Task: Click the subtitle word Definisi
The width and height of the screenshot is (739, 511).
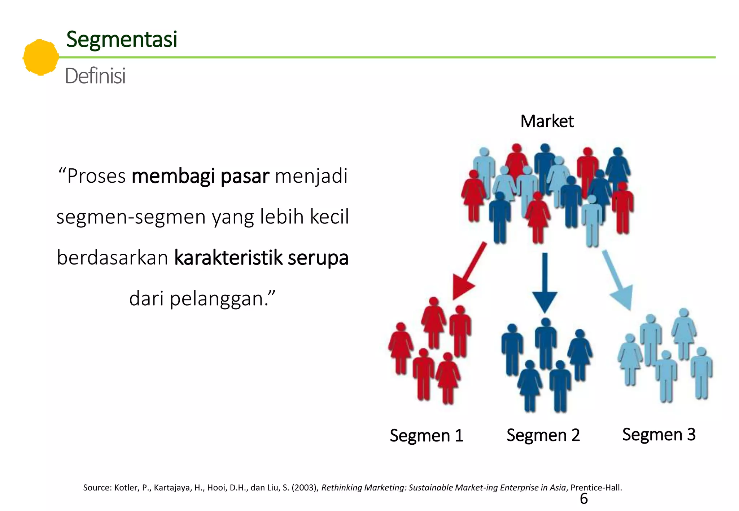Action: [x=95, y=76]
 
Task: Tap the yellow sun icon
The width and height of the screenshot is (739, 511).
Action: [x=40, y=57]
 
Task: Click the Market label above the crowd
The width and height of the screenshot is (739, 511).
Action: [x=547, y=121]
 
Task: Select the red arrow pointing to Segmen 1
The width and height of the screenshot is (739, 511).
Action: [x=469, y=272]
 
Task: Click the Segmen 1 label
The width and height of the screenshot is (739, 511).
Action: [x=426, y=435]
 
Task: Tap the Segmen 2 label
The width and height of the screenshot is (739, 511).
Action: [x=543, y=435]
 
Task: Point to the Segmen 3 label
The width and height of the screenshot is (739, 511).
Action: [x=659, y=434]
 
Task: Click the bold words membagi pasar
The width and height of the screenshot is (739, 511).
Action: [x=200, y=176]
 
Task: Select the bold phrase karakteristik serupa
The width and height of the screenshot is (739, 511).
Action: [x=261, y=258]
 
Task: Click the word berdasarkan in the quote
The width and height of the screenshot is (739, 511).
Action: [x=113, y=258]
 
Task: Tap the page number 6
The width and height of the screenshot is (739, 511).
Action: [x=583, y=499]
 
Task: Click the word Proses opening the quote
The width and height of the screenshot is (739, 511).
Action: [x=96, y=176]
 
